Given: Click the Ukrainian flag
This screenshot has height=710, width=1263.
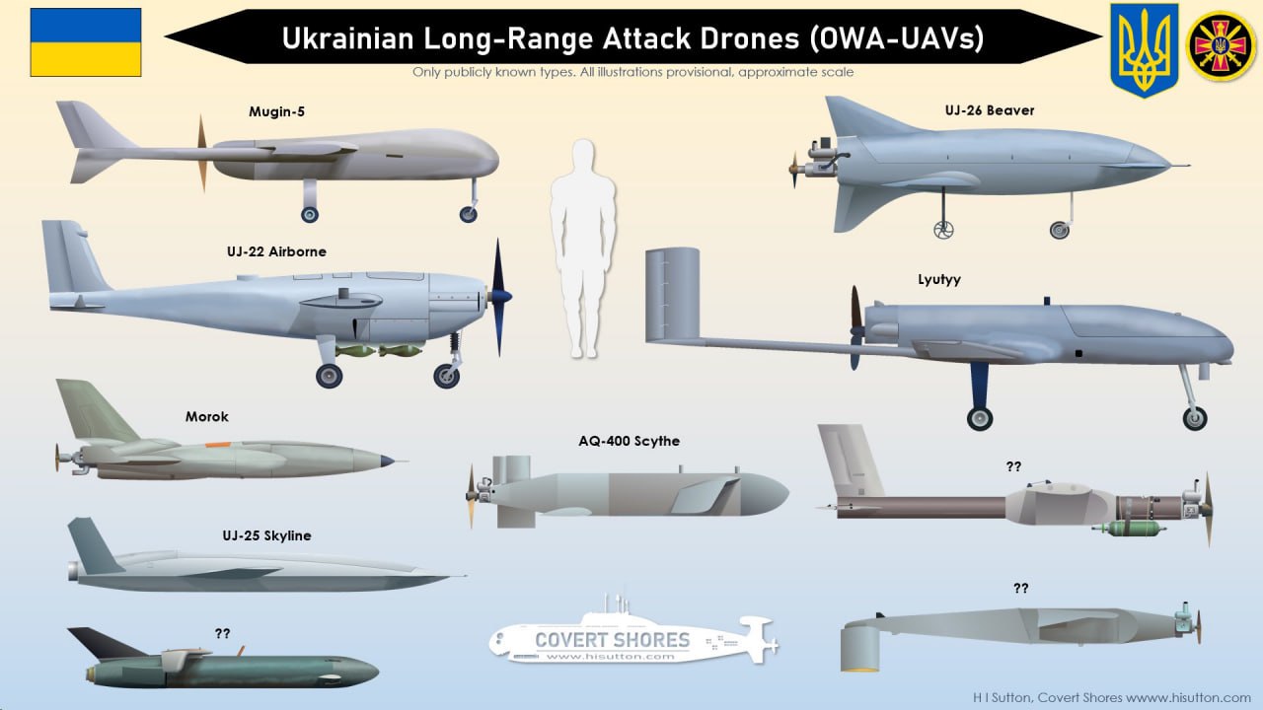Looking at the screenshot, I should click(x=86, y=42).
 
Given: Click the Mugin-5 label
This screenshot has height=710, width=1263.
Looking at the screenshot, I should click(x=276, y=111).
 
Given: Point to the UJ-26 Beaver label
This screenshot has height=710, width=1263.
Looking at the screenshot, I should click(x=990, y=110).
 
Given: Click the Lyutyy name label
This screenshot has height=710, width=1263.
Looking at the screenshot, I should click(x=938, y=279).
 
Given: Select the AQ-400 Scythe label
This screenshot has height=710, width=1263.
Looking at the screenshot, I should click(x=630, y=441).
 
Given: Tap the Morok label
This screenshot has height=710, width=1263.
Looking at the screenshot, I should click(x=207, y=417).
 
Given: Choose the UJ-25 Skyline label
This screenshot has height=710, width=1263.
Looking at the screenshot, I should click(x=266, y=535).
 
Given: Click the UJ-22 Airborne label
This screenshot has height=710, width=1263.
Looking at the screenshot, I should click(x=276, y=251).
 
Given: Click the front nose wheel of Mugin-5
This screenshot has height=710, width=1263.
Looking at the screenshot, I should click(x=468, y=214).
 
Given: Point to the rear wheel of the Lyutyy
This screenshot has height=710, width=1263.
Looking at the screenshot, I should click(x=979, y=418).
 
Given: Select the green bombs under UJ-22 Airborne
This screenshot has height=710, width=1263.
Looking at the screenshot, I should click(x=380, y=351).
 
